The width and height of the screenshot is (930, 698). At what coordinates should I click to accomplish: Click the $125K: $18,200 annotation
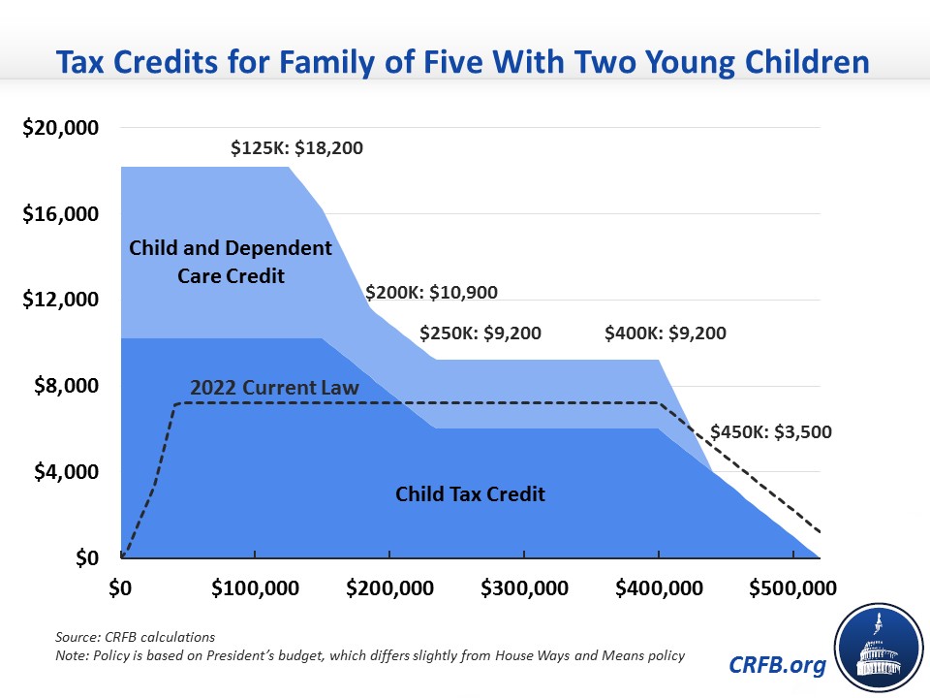click(x=296, y=147)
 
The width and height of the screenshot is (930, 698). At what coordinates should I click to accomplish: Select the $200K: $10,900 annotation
click(x=431, y=292)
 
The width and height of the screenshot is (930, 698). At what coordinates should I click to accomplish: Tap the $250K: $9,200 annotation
click(x=480, y=333)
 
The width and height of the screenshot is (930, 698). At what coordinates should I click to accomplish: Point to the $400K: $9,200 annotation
click(x=666, y=333)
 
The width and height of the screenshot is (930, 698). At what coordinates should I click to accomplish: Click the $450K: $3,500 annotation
click(x=771, y=431)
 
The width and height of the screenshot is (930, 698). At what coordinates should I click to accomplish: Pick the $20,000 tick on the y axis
click(x=60, y=128)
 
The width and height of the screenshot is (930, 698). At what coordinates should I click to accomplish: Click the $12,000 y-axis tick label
click(x=60, y=300)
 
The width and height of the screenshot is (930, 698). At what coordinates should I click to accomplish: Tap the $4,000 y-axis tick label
click(x=67, y=472)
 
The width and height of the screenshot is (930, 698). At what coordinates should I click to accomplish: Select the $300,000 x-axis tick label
click(x=524, y=588)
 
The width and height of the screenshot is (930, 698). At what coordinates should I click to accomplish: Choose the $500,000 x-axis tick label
click(x=793, y=588)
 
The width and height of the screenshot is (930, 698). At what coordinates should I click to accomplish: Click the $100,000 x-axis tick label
click(x=255, y=588)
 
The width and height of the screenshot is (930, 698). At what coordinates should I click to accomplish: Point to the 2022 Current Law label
click(x=274, y=388)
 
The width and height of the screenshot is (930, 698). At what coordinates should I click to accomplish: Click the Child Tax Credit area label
click(x=471, y=493)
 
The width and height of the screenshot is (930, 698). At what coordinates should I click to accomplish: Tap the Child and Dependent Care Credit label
click(x=231, y=262)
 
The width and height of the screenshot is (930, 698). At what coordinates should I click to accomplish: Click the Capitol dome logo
click(x=879, y=649)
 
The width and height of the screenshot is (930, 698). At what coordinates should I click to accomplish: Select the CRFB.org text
click(x=777, y=665)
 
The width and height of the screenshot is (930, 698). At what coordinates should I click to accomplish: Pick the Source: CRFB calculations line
click(x=136, y=637)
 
